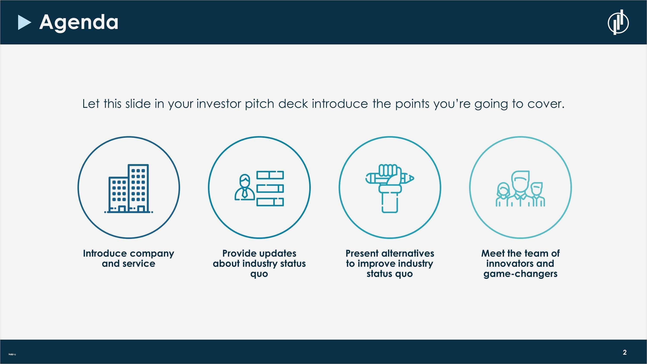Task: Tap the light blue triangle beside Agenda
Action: [24, 23]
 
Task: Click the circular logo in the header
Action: [618, 22]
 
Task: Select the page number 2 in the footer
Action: [625, 352]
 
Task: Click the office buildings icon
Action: [129, 188]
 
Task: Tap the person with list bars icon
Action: [259, 188]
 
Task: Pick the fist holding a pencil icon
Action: [390, 188]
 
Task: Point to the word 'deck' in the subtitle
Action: [293, 104]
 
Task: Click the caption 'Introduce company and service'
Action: [129, 259]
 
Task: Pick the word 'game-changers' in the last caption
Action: [520, 274]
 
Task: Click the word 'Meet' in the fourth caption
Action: [493, 253]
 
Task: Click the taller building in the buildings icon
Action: [138, 188]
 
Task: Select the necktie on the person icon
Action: [244, 193]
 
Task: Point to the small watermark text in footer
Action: [12, 355]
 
